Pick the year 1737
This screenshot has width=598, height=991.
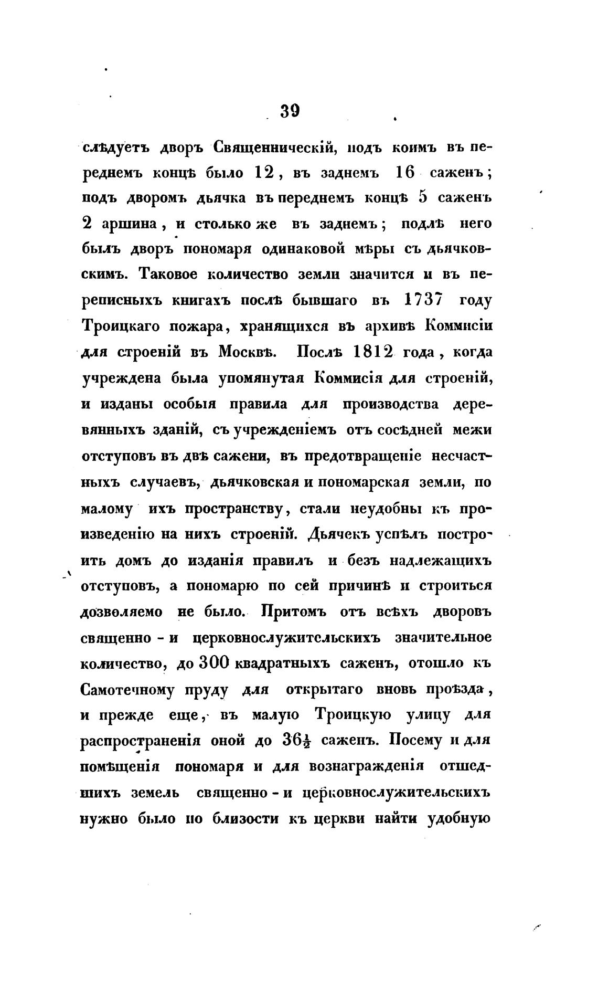click(x=424, y=301)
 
